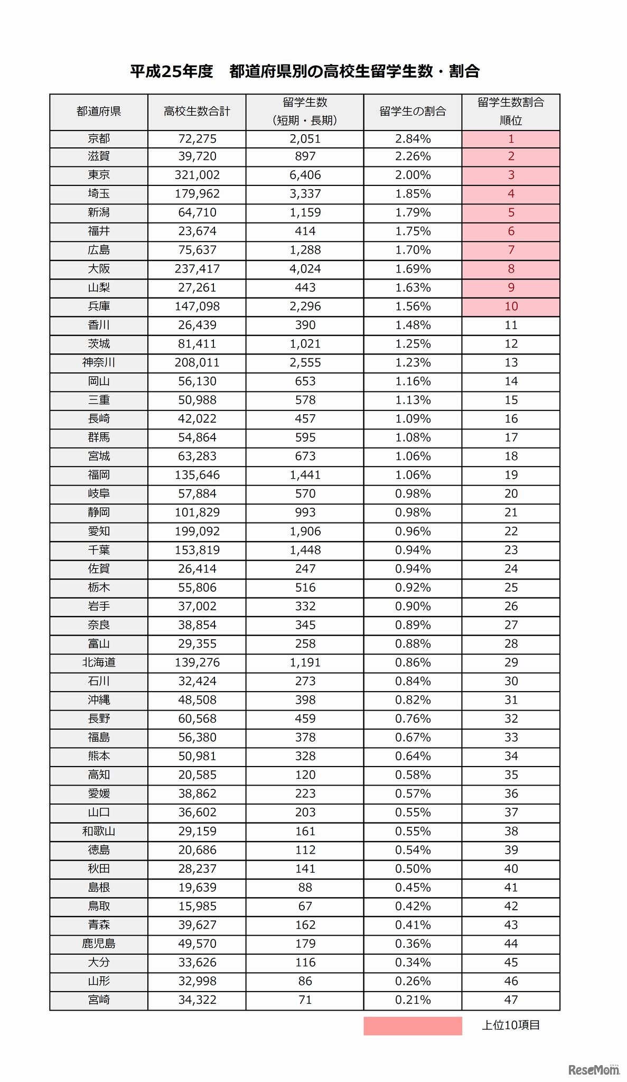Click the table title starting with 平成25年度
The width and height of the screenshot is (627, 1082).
pyautogui.click(x=305, y=71)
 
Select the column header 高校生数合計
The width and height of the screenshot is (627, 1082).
pyautogui.click(x=196, y=111)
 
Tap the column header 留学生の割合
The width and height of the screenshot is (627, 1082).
pyautogui.click(x=413, y=111)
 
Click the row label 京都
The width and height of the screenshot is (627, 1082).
pyautogui.click(x=99, y=138)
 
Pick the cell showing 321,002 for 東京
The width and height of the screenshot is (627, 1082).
pyautogui.click(x=197, y=175)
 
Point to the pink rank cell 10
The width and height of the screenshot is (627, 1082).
pyautogui.click(x=511, y=306)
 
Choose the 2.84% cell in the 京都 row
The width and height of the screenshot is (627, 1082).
pyautogui.click(x=413, y=139)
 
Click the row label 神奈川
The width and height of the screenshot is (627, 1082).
pyautogui.click(x=99, y=362)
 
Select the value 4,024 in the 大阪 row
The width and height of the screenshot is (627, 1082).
pyautogui.click(x=305, y=269)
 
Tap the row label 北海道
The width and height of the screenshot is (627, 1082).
pyautogui.click(x=99, y=663)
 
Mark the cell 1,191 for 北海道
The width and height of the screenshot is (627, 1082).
pyautogui.click(x=305, y=663)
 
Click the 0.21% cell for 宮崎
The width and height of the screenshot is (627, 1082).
pyautogui.click(x=413, y=1000)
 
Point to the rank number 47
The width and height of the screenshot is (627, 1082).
pyautogui.click(x=511, y=1000)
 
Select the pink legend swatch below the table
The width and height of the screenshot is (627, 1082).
pyautogui.click(x=413, y=1025)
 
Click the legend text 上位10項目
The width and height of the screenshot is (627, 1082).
pyautogui.click(x=511, y=1025)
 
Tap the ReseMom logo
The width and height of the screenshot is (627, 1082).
pyautogui.click(x=594, y=1070)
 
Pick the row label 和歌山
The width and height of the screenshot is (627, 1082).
pyautogui.click(x=99, y=831)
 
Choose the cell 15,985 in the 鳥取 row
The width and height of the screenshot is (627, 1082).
pyautogui.click(x=197, y=906)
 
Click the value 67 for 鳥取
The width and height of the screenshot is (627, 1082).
pyautogui.click(x=305, y=906)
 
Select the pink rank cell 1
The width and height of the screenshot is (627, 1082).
pyautogui.click(x=511, y=139)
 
